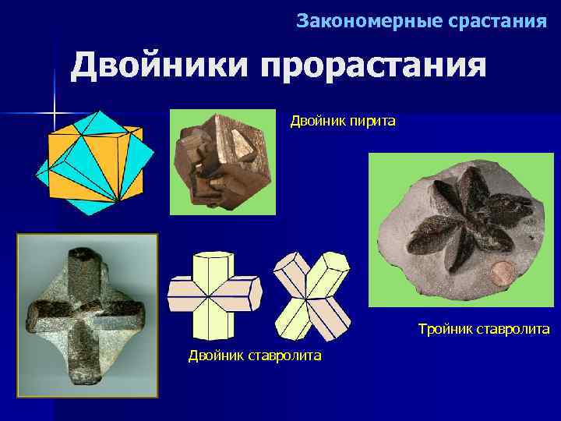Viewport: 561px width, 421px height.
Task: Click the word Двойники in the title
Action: click(159, 66)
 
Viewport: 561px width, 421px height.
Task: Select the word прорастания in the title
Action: click(373, 66)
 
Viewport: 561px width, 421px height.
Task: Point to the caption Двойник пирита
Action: click(343, 121)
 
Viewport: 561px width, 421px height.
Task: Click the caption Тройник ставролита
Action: click(483, 330)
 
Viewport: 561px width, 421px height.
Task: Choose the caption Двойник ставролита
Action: click(255, 356)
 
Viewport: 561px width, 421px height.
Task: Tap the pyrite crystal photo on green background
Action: click(222, 161)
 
